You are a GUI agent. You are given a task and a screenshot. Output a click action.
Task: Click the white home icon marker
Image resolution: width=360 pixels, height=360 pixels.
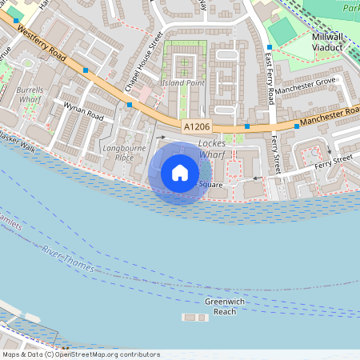click(x=180, y=173)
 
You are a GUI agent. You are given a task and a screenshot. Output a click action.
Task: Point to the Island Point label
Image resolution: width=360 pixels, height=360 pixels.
click(x=184, y=83)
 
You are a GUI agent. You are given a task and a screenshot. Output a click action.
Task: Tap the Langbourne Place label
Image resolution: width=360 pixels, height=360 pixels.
click(x=118, y=153)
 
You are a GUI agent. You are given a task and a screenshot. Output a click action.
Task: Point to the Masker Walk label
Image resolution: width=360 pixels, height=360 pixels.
click(x=18, y=143)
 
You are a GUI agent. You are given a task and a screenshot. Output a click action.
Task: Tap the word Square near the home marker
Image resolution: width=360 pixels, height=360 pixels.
click(x=210, y=185)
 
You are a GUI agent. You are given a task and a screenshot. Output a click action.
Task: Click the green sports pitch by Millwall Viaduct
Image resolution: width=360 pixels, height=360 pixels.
click(x=281, y=30)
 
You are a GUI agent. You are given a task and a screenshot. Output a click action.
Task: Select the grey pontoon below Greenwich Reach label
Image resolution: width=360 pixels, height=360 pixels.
click(x=195, y=318)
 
